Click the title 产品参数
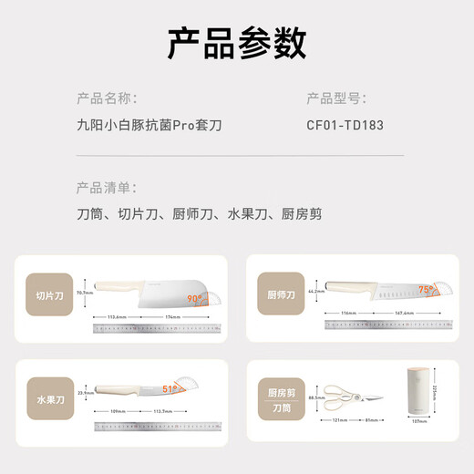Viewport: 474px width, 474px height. click(x=237, y=42)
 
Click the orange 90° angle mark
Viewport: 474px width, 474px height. click(x=195, y=297)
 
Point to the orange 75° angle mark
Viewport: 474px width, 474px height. click(x=426, y=292)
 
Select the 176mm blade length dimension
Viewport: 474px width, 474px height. click(x=175, y=316)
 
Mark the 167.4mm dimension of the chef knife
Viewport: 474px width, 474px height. click(x=406, y=313)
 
